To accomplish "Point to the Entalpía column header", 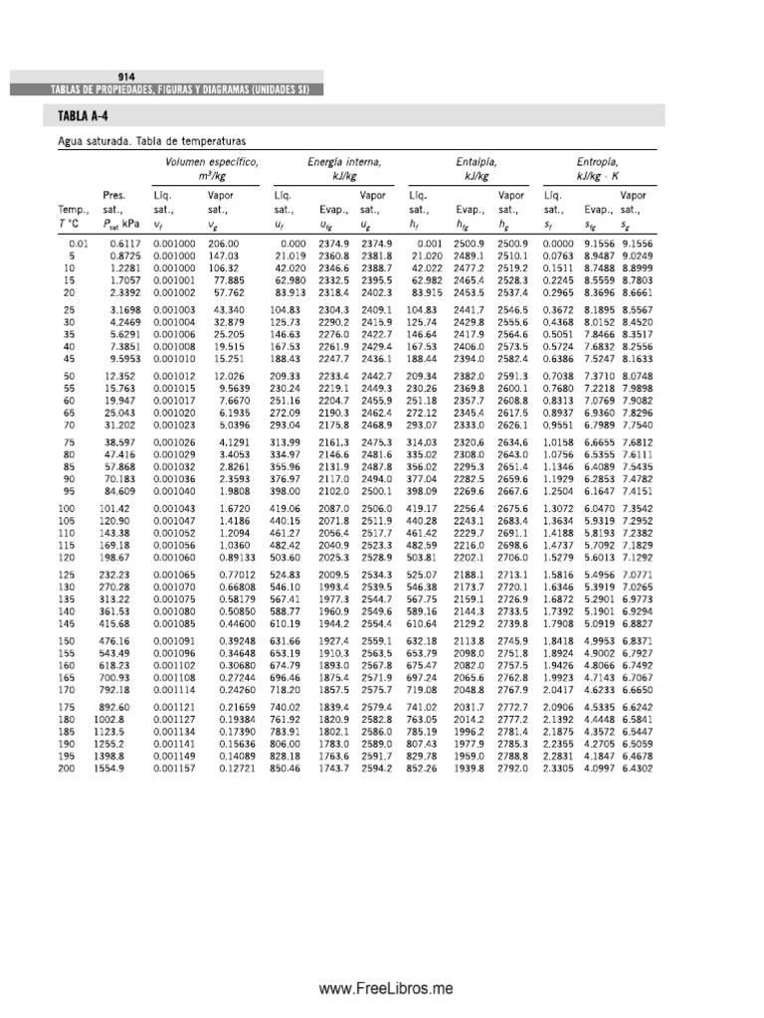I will point(477,161).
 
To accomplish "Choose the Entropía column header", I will point(597,161).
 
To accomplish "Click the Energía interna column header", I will point(344,161).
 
